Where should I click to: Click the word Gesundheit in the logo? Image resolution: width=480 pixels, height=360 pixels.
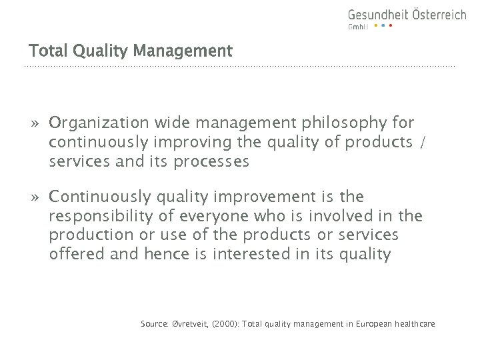click(x=375, y=15)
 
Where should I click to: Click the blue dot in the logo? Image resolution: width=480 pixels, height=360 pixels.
click(x=383, y=26)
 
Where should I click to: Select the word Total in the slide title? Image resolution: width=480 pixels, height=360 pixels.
click(x=45, y=51)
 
